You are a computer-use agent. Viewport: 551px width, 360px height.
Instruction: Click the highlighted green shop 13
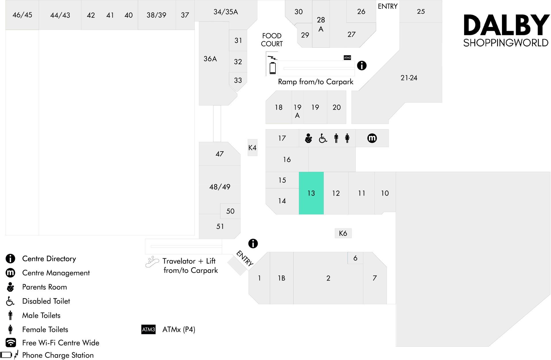click(x=311, y=193)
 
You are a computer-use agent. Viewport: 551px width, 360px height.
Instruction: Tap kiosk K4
click(x=253, y=148)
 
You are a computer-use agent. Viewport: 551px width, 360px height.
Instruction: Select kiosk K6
click(x=343, y=233)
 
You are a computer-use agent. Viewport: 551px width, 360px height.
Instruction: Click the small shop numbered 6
click(x=355, y=258)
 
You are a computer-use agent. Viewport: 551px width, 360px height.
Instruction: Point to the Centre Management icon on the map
click(x=372, y=138)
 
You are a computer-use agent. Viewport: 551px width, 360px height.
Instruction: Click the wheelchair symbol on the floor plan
click(x=323, y=138)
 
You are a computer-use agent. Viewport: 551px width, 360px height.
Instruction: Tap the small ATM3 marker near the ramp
click(x=347, y=58)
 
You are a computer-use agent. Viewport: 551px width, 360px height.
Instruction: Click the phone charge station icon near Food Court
click(x=272, y=65)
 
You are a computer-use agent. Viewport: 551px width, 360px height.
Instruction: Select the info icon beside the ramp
click(x=362, y=65)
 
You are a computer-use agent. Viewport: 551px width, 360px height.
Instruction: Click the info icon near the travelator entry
click(x=253, y=243)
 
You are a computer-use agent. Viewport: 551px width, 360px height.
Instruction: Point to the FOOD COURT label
click(x=272, y=40)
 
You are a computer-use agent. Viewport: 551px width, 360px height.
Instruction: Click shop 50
click(x=230, y=211)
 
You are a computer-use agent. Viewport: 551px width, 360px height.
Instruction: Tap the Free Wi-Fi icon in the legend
click(x=11, y=342)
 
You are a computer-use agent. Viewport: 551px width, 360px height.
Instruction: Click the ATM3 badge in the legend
click(x=148, y=329)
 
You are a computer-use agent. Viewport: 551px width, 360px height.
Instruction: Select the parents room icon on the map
click(x=308, y=138)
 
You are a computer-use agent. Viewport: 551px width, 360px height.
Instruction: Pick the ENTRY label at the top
click(x=388, y=6)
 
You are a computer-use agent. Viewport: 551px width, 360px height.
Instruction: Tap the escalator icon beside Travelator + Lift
click(x=152, y=262)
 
